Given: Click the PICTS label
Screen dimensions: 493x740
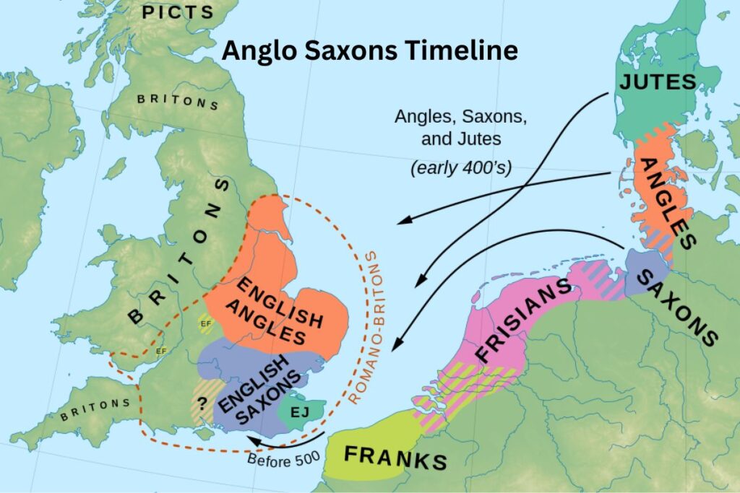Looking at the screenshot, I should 178,12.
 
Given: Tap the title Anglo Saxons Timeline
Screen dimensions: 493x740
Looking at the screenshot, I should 369,51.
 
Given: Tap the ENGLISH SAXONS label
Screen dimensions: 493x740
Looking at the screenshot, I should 259,389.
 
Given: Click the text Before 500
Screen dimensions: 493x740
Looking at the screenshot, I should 278,460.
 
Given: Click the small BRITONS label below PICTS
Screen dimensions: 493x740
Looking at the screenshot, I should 178,100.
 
